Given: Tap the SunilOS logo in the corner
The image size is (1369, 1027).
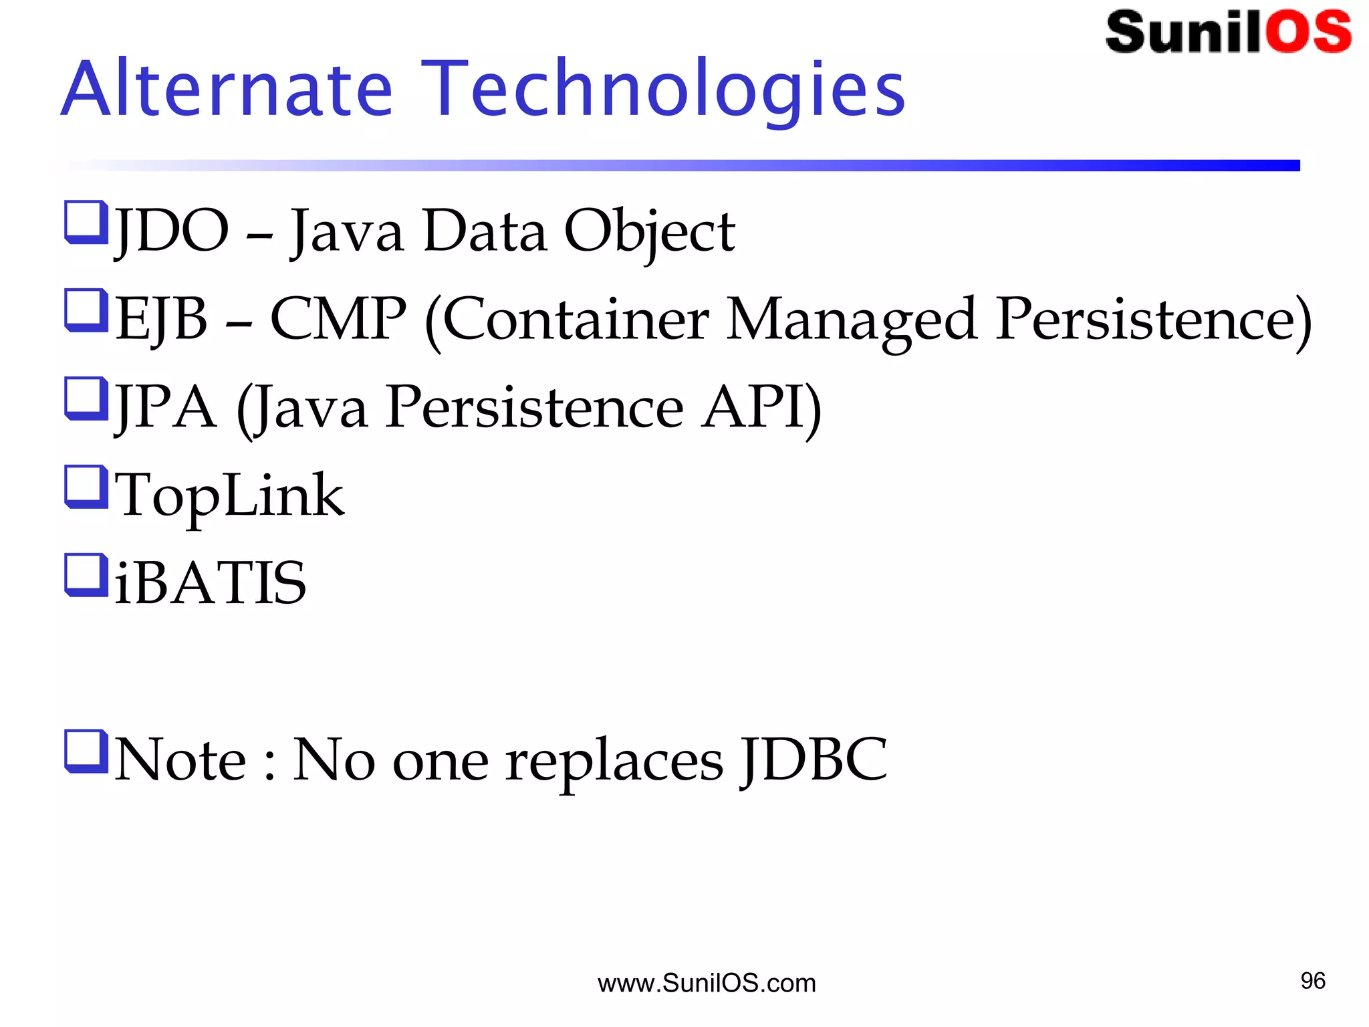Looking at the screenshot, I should coord(1227,32).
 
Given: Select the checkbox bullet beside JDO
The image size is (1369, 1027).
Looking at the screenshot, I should coord(86,223).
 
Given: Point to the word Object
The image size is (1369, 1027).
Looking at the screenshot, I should coord(649,231).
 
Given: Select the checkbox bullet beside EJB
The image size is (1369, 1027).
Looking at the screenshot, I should coord(86,310).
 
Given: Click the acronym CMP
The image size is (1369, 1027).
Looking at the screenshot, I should coord(338,319).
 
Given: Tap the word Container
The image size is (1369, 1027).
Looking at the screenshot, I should coord(575,319).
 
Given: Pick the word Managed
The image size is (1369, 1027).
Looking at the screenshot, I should coord(852,319).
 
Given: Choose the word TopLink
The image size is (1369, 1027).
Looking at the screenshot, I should coord(229,495).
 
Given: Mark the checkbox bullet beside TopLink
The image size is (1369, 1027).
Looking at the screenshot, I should coord(86,487).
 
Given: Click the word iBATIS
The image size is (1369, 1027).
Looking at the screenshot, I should coord(211,583).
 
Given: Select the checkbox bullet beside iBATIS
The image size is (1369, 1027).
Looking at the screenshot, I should coord(86,574).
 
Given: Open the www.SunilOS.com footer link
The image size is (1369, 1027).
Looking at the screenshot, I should coord(707,983).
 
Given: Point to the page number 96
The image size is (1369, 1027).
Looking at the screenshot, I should coord(1313,981).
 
